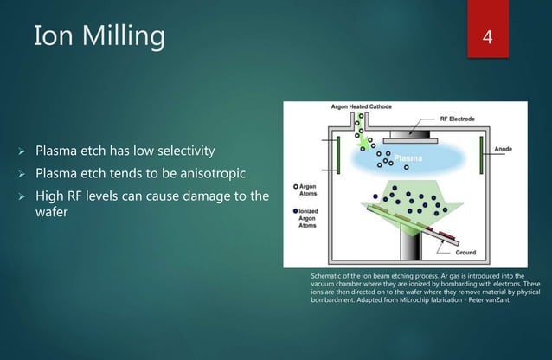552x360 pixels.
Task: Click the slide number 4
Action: pyautogui.click(x=489, y=37)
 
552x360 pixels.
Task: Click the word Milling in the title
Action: pyautogui.click(x=117, y=36)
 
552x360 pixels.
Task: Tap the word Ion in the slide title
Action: pyautogui.click(x=48, y=36)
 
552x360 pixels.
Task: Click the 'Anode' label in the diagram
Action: pyautogui.click(x=504, y=149)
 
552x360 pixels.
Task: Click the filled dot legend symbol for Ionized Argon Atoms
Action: pyautogui.click(x=296, y=210)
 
